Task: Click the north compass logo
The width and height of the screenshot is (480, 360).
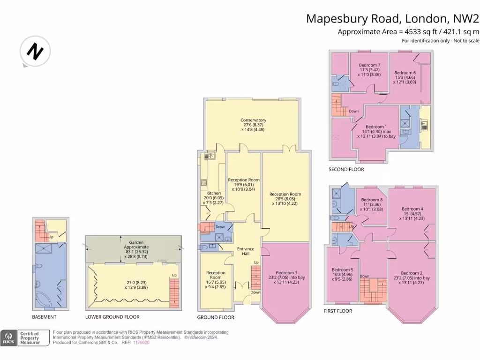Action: click(x=35, y=51)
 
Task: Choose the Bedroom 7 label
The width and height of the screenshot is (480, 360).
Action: click(x=369, y=65)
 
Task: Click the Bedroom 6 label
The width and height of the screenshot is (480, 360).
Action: click(x=405, y=73)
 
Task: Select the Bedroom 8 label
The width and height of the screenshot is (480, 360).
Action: click(x=371, y=200)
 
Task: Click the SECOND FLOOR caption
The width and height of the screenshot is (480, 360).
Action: click(x=346, y=169)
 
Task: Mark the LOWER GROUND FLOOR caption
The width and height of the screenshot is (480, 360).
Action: click(x=112, y=317)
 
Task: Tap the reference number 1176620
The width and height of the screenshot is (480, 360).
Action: click(x=141, y=343)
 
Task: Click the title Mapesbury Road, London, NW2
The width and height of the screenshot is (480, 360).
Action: click(x=393, y=19)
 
